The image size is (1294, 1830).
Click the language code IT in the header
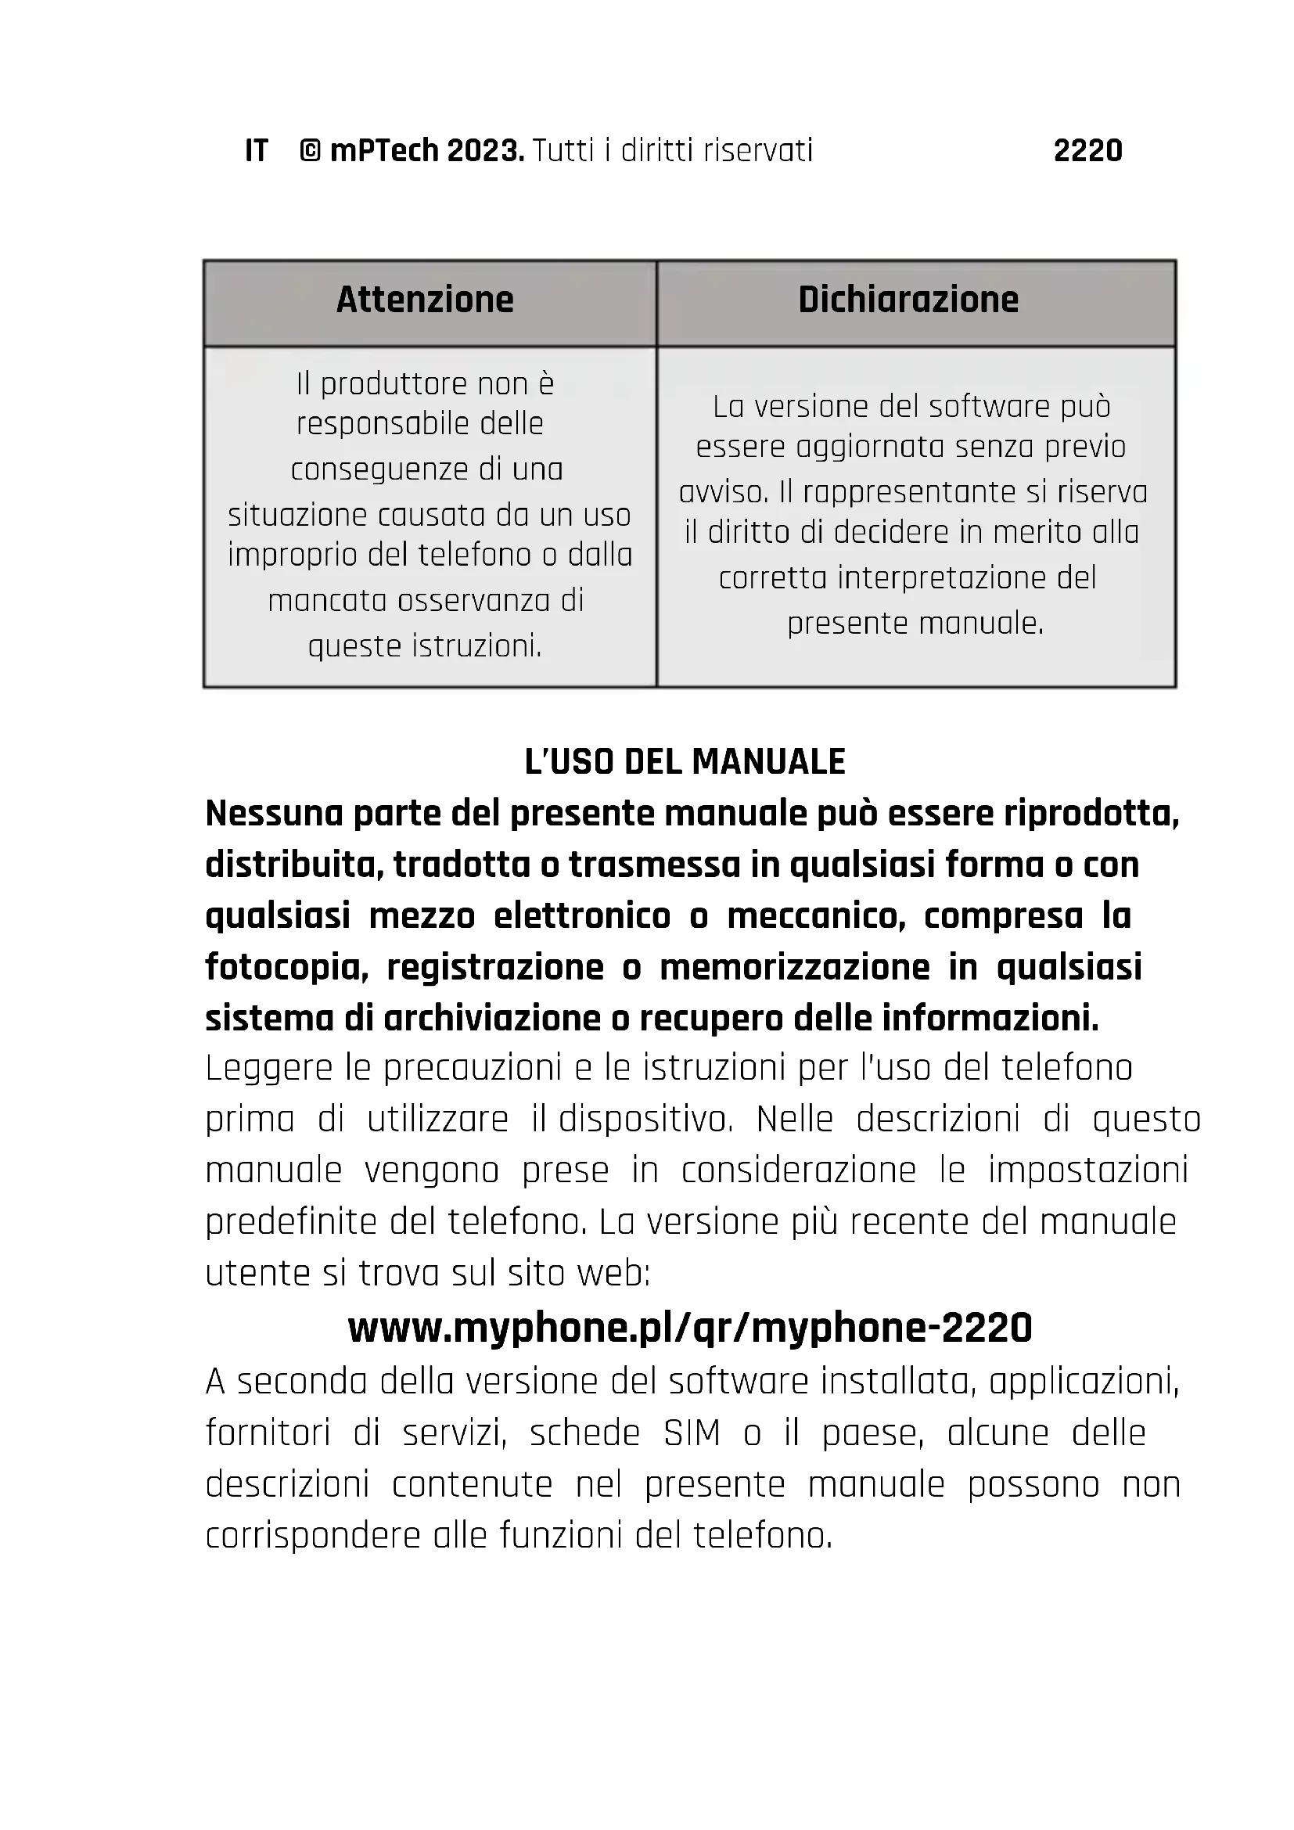click(256, 151)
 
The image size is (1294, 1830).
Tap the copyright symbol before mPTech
click(310, 151)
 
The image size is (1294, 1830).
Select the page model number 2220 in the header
click(1087, 151)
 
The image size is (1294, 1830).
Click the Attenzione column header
click(425, 300)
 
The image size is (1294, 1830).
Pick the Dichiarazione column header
click(908, 300)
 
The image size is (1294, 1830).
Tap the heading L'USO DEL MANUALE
click(685, 762)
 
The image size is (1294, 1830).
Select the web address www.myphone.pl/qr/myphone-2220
click(690, 1328)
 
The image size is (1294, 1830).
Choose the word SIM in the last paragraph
click(692, 1434)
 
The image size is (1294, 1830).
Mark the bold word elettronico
click(581, 917)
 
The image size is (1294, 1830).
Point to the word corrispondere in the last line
click(312, 1536)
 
